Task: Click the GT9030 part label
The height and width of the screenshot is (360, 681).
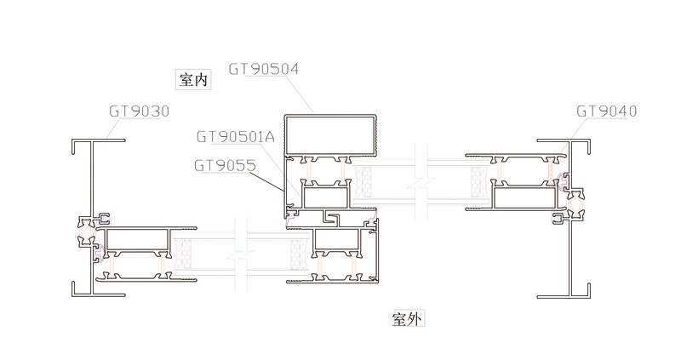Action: (139, 111)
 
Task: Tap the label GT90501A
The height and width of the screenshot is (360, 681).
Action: (235, 136)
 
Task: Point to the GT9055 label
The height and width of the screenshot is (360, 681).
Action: (225, 165)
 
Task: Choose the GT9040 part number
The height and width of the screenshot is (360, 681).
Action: (606, 111)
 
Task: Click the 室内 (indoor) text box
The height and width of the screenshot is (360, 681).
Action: (191, 80)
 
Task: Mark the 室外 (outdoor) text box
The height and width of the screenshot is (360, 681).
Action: (408, 319)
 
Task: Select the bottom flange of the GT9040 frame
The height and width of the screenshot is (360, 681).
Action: (563, 296)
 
